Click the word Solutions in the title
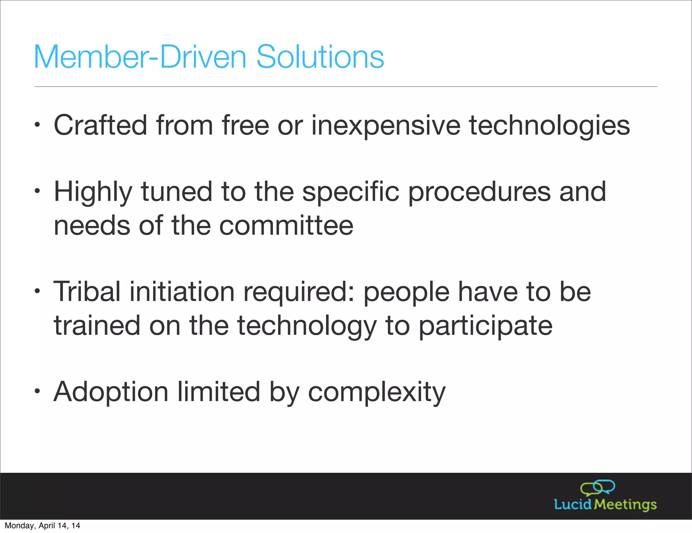point(320,57)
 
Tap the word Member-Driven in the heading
point(140,57)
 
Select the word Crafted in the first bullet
point(100,125)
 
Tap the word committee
point(286,226)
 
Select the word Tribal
point(87,292)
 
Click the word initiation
point(182,292)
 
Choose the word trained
point(97,325)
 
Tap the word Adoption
point(111,392)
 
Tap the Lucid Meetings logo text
point(605,505)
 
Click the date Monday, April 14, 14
point(42,526)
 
